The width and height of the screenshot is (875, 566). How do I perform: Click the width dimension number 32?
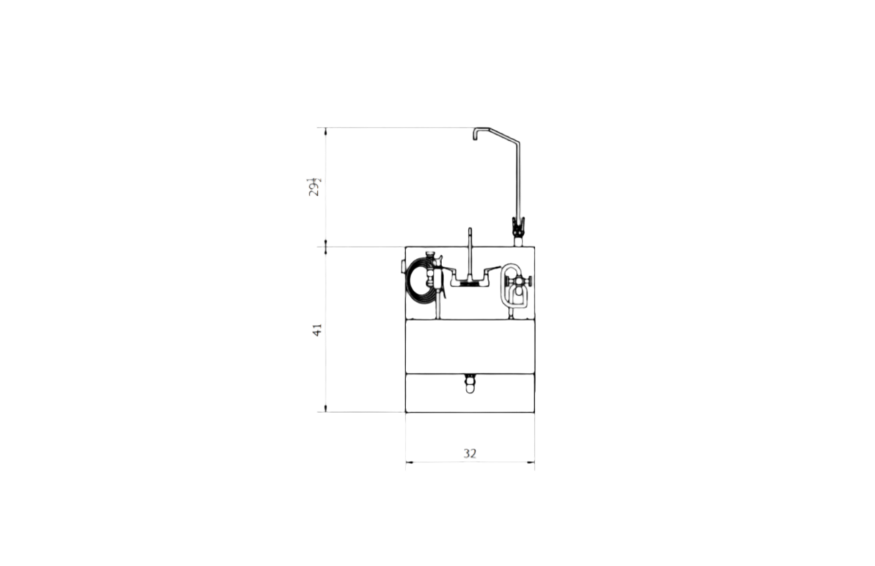470,453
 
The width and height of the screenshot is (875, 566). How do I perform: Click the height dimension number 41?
317,330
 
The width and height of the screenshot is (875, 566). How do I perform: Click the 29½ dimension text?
314,187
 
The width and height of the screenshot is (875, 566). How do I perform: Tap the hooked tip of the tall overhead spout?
475,134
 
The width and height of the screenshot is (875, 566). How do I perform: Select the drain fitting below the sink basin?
470,382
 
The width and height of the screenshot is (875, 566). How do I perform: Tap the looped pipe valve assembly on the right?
515,288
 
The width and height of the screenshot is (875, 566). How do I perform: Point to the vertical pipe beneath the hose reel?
437,310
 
